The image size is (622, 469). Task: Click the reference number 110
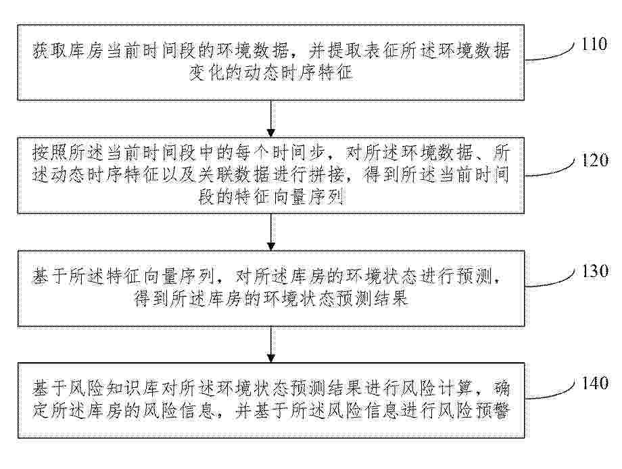594,44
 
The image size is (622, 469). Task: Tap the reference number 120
594,159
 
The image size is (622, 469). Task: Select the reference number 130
595,271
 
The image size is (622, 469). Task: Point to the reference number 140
595,383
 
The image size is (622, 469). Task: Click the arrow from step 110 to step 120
271,118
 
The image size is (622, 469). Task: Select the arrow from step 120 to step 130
271,232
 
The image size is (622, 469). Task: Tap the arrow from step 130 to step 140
271,345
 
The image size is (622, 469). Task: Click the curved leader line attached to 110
550,55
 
